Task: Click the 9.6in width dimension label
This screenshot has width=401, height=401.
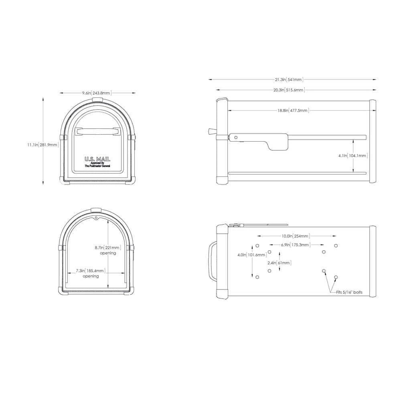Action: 96,93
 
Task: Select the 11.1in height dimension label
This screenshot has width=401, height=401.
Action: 43,144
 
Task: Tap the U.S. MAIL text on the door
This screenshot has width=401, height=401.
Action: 97,159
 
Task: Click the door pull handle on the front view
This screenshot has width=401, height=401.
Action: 97,131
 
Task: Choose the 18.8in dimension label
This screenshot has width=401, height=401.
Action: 292,110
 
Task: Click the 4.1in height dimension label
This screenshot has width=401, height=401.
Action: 353,155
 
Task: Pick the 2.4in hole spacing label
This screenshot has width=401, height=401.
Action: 279,263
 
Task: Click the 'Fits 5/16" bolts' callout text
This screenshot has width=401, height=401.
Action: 349,292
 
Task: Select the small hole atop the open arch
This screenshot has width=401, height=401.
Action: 96,218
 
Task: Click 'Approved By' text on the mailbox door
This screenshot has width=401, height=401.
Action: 97,163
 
